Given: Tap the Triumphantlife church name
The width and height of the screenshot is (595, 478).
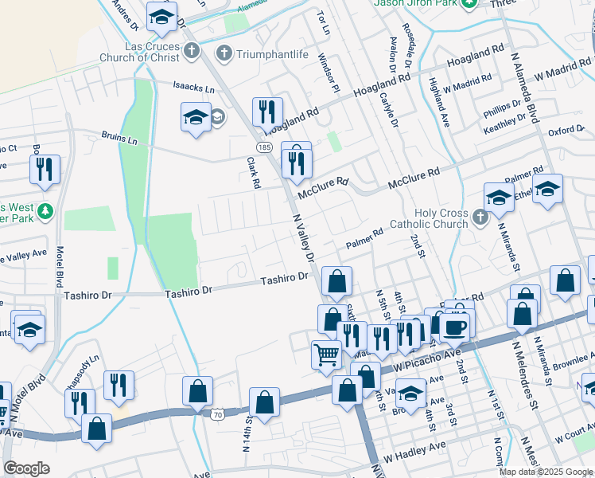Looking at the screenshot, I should coord(267,53).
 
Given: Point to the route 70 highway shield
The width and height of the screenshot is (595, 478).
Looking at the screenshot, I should coord(217,414).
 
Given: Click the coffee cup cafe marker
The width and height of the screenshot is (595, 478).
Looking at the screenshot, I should coord(455,327).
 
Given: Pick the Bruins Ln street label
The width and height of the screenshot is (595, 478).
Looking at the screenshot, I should coord(119,139).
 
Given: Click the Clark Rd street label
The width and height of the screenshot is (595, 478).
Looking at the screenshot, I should coord(254,172).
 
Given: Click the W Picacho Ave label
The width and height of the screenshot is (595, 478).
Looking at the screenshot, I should coord(434,352).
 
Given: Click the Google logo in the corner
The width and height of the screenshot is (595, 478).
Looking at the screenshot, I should coord(26,469).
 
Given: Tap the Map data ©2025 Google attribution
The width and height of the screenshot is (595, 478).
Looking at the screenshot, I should coord(545,472).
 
